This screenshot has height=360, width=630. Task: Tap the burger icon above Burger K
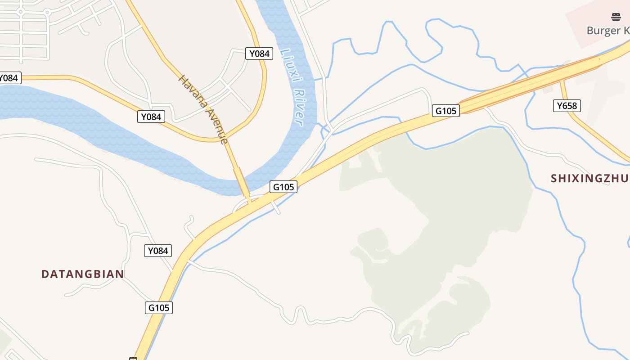[616, 18]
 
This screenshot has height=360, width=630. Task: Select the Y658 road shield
[567, 106]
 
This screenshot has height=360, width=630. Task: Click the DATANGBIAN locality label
[83, 274]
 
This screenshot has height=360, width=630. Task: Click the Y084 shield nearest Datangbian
[158, 251]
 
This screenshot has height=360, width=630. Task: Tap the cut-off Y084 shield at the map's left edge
[9, 78]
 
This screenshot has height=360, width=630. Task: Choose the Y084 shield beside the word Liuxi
[259, 54]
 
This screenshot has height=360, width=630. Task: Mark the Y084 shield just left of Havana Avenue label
[151, 117]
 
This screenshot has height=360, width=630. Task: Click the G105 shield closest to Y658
[445, 110]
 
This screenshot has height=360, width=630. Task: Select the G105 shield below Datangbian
[159, 308]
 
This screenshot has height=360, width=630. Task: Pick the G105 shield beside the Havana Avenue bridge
[283, 186]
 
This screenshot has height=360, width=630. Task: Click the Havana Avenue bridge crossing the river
[241, 182]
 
